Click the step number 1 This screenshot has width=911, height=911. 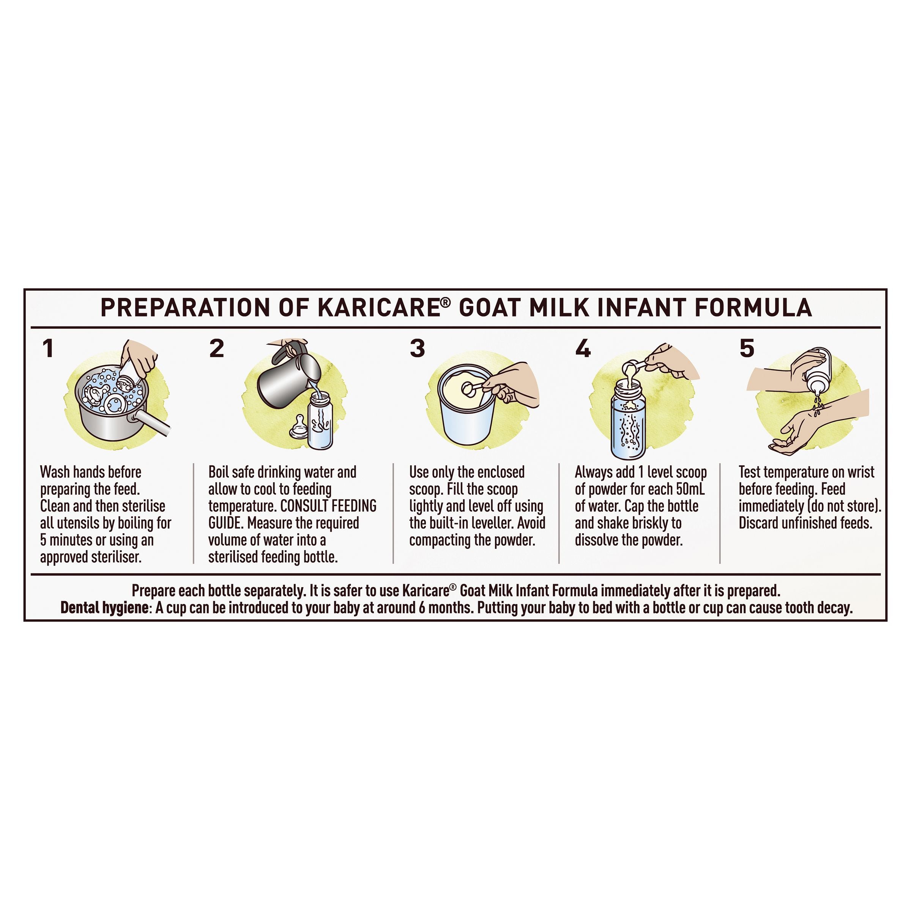[x=47, y=348]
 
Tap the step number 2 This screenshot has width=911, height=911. [x=216, y=348]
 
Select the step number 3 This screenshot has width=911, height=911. [x=417, y=348]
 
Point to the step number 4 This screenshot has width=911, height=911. [x=583, y=348]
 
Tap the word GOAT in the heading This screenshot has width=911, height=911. [x=490, y=307]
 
